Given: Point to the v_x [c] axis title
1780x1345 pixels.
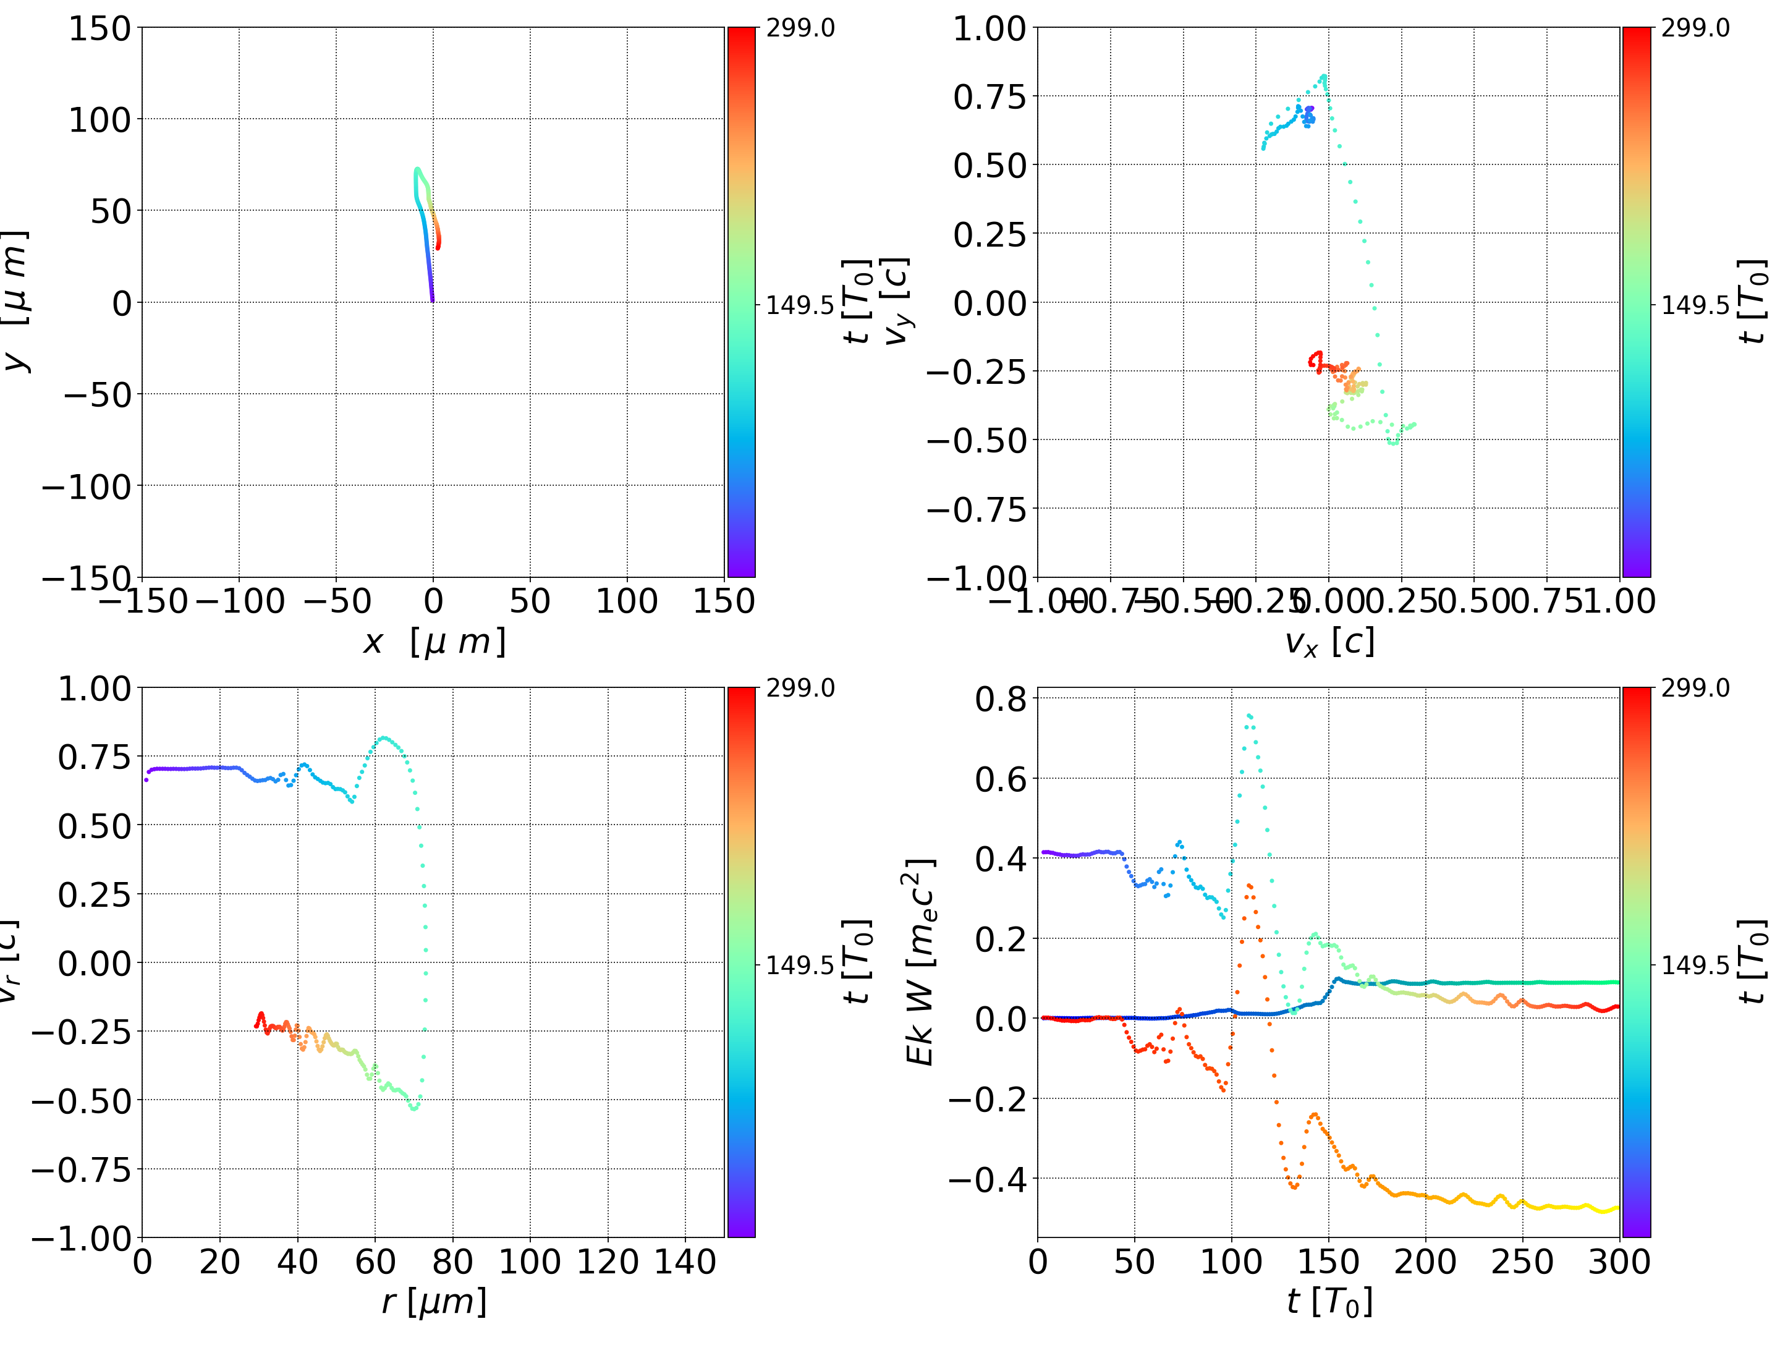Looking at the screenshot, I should [x=1329, y=642].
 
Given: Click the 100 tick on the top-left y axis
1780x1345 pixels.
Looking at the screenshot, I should [x=100, y=120].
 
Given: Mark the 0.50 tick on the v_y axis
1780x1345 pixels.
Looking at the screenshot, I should [x=990, y=166].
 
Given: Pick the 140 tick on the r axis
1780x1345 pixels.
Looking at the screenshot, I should [x=685, y=1262].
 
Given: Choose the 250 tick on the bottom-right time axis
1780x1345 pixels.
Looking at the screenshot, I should [x=1522, y=1262].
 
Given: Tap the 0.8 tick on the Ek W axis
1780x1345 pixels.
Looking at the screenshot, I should [x=1001, y=698].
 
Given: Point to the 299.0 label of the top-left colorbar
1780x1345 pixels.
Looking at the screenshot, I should [x=800, y=28].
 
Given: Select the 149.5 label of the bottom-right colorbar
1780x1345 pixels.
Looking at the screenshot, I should [x=1695, y=964].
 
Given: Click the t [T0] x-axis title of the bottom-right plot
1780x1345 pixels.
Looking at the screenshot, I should [x=1329, y=1302].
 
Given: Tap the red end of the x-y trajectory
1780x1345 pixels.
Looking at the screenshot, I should [x=438, y=247].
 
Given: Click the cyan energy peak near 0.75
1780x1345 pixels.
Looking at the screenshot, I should [x=1249, y=715].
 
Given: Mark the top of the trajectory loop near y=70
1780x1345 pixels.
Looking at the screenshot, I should [x=417, y=169].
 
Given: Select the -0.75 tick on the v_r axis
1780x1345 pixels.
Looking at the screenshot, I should [x=80, y=1169].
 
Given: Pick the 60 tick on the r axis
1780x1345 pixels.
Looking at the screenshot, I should [x=375, y=1262].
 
